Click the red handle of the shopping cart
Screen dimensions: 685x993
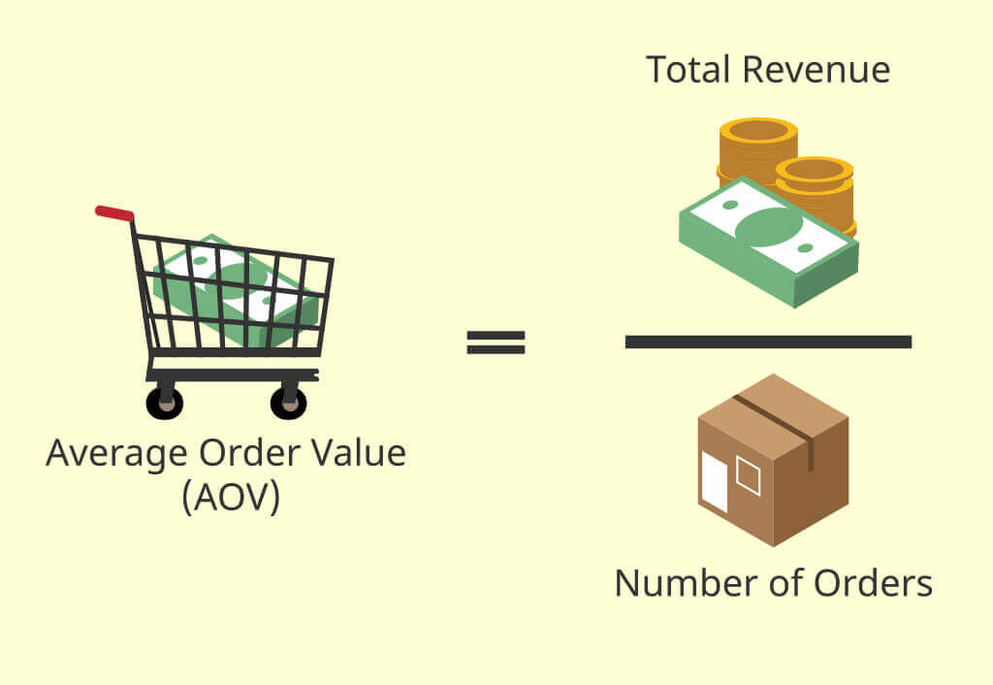click(114, 212)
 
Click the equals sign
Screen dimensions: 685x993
click(496, 342)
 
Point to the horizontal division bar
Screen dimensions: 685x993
click(768, 342)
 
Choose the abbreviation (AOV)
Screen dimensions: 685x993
click(230, 497)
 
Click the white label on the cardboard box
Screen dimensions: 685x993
click(714, 481)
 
